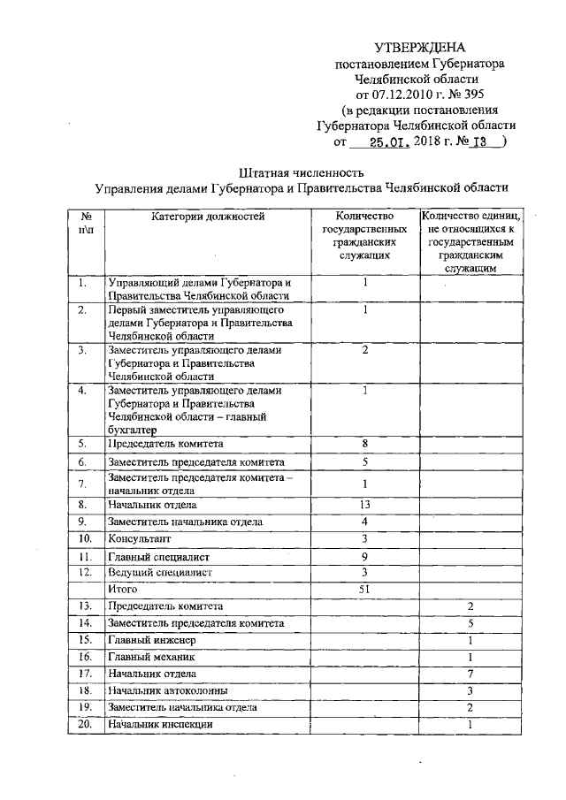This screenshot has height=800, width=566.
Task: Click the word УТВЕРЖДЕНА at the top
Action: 419,47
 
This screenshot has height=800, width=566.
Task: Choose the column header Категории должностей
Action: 207,215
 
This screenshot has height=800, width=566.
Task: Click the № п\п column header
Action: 86,222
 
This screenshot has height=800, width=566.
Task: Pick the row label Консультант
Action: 140,538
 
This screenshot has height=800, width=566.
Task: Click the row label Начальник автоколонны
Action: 168,690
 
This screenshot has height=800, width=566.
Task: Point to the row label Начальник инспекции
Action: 160,725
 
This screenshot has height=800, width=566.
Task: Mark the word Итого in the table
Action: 123,588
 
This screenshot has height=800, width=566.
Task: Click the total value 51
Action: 364,588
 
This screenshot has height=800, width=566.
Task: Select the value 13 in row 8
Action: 364,504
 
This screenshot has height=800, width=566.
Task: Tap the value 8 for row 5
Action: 364,443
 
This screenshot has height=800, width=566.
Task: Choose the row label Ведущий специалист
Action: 159,572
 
